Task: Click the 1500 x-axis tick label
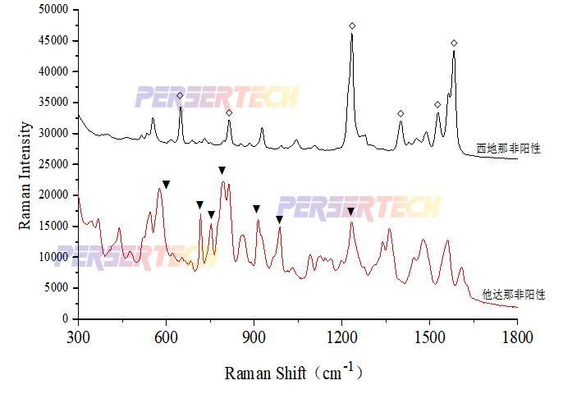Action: [429, 336]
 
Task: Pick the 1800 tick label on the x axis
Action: [517, 336]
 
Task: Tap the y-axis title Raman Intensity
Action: [25, 164]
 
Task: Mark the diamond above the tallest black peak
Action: [352, 26]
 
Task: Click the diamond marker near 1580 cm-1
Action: [454, 43]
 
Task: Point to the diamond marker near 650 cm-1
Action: [180, 95]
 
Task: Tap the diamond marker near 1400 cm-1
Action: [401, 114]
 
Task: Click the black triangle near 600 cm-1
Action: [166, 185]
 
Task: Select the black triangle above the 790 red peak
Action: [222, 171]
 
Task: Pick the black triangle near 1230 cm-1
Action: [351, 212]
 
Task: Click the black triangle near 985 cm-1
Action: [279, 219]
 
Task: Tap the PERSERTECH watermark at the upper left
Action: [217, 98]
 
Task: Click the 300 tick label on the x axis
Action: [78, 336]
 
